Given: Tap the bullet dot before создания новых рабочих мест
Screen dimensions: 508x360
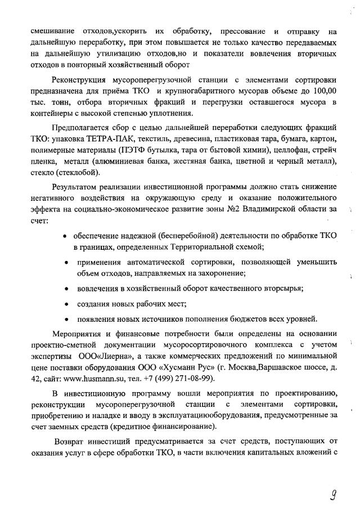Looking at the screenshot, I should [67, 304].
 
